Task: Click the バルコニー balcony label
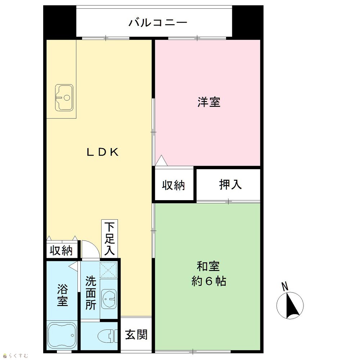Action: (x=158, y=22)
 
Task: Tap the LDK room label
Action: (x=103, y=152)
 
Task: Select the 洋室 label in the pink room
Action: (x=209, y=102)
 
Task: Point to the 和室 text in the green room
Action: (x=208, y=266)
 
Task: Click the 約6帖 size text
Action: (x=209, y=281)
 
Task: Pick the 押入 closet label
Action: (x=230, y=184)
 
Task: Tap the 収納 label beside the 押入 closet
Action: (x=174, y=185)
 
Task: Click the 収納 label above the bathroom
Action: (x=61, y=250)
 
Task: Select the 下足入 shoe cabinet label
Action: (x=109, y=239)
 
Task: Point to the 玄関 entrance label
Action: (x=136, y=334)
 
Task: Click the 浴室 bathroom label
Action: (x=62, y=295)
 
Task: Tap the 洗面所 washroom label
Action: (x=91, y=293)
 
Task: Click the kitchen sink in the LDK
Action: (x=64, y=98)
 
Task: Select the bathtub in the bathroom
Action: (x=62, y=336)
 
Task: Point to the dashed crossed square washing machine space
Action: (x=108, y=270)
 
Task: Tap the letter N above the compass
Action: (x=285, y=287)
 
